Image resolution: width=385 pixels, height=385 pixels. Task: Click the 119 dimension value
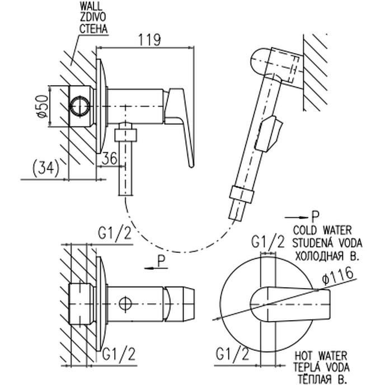(150, 40)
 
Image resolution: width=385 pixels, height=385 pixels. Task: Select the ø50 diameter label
(43, 106)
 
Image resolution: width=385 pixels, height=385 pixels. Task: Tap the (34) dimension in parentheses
(46, 168)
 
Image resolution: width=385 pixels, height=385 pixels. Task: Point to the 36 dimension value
(109, 158)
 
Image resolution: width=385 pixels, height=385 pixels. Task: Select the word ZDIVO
(93, 17)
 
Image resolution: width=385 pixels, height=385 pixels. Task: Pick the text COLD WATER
(322, 231)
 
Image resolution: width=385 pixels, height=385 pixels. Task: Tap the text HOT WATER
(321, 356)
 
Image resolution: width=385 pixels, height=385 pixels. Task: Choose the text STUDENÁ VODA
(327, 243)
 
